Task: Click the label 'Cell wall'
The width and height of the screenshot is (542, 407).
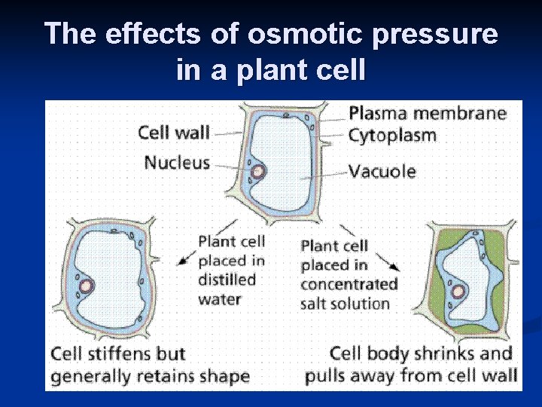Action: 173,133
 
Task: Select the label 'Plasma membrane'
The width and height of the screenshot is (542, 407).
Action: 427,114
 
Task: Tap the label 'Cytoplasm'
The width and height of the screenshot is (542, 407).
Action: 392,136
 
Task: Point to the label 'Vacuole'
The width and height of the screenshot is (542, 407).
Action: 382,171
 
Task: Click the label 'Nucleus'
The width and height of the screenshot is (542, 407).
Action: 176,162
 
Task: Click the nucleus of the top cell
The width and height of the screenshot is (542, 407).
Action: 259,171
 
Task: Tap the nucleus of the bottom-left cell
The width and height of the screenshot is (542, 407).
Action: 87,286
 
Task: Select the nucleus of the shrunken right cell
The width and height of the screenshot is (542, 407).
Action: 456,291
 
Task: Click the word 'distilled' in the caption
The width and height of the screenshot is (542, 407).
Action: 227,280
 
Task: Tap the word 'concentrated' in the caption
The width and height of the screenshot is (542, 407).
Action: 349,284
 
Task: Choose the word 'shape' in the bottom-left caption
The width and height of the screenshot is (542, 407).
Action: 224,375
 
